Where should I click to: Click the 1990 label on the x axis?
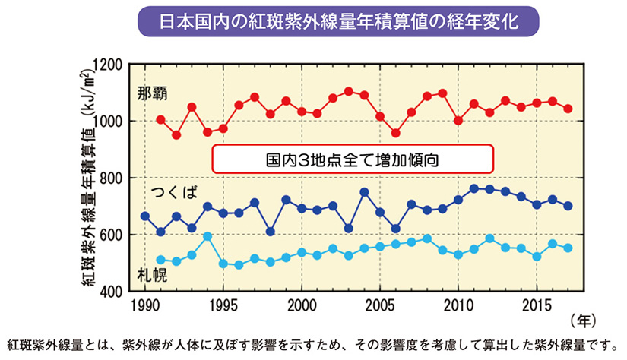144,306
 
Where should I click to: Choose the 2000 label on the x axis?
302,306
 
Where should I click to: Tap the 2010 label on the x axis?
458,306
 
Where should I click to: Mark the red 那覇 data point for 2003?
349,91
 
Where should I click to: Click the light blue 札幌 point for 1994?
207,236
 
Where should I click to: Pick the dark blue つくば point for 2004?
364,192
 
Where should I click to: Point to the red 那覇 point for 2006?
396,133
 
